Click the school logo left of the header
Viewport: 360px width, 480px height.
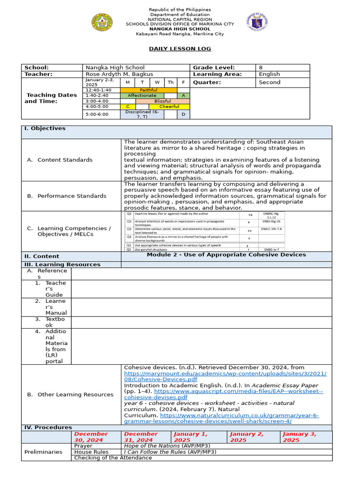click(102, 22)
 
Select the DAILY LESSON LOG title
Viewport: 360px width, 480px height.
click(180, 49)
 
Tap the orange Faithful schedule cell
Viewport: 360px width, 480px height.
click(149, 90)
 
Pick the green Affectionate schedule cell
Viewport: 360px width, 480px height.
click(142, 95)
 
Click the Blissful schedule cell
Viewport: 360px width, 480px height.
click(163, 101)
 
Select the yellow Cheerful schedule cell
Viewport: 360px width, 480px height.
click(169, 106)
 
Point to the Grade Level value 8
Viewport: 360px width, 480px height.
click(261, 67)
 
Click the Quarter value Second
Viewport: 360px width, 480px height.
click(270, 82)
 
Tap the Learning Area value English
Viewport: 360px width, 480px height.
click(269, 74)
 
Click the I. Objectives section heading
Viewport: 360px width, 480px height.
click(45, 128)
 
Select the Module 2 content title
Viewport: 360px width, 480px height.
click(226, 255)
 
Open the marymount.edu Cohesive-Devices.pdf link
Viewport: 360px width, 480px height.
click(225, 376)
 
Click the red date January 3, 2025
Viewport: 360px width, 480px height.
click(299, 437)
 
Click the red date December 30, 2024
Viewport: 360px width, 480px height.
click(91, 437)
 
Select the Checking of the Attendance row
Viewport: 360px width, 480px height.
click(113, 457)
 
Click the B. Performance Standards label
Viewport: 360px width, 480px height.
click(72, 196)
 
